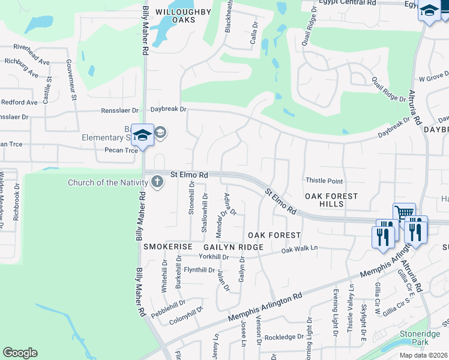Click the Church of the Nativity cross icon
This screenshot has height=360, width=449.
[x=157, y=182]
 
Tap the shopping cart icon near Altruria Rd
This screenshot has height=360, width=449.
[x=404, y=214]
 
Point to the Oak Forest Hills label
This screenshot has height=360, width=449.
[x=331, y=200]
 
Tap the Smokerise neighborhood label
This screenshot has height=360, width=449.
[x=167, y=247]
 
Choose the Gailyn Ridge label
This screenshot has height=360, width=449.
[x=234, y=247]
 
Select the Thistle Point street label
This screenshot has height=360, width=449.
[x=324, y=181]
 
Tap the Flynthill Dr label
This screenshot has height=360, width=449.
[x=199, y=270]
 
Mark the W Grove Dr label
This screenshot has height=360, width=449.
[x=434, y=78]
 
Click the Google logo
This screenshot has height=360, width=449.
[x=20, y=353]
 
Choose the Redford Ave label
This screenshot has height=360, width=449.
[x=20, y=103]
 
